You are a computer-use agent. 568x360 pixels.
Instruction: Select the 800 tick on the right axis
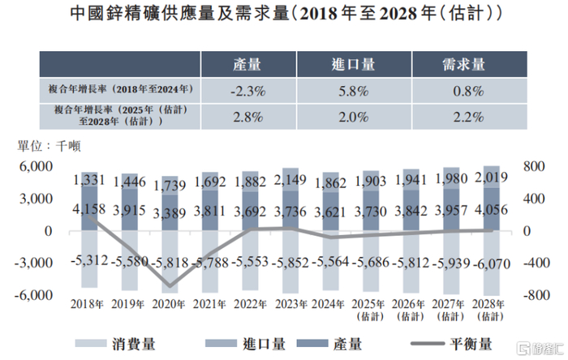point(531,166)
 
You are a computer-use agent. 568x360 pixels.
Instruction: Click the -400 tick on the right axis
point(531,264)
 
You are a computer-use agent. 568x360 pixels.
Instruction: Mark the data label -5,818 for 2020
point(170,263)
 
